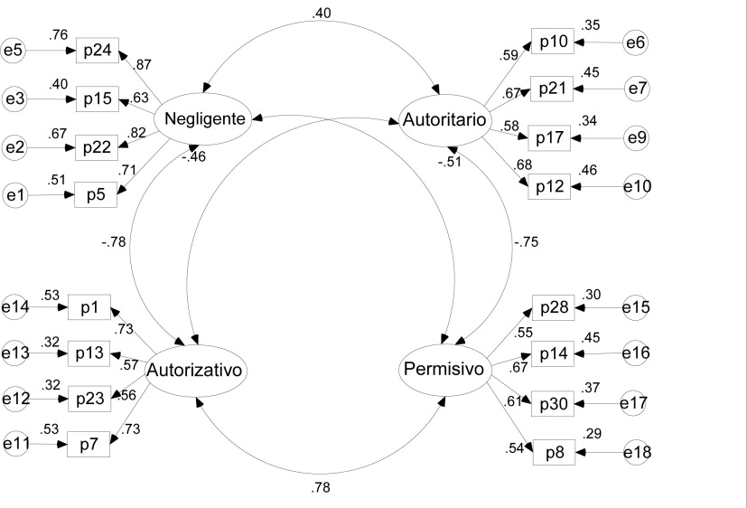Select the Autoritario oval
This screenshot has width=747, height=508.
(x=444, y=118)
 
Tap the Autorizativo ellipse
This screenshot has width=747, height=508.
(x=197, y=371)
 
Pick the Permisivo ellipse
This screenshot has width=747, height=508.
(x=443, y=371)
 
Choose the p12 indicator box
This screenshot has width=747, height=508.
(x=550, y=186)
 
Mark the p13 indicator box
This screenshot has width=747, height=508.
(x=89, y=353)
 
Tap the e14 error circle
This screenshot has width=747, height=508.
(x=16, y=308)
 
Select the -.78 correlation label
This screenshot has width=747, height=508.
(x=114, y=241)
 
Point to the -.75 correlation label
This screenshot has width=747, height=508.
(x=527, y=241)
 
